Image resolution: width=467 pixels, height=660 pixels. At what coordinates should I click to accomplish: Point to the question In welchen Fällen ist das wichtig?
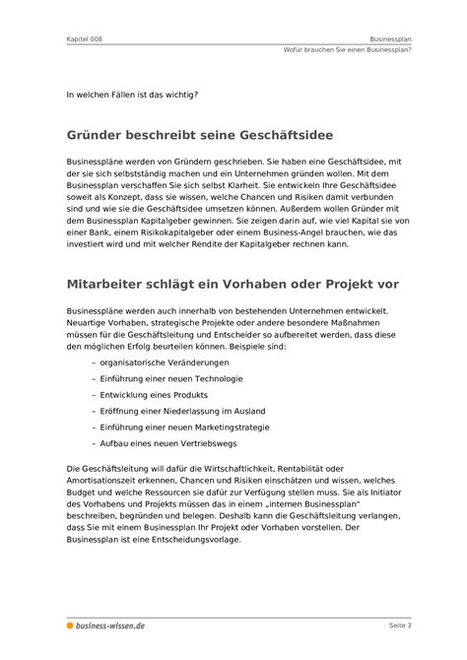click(131, 95)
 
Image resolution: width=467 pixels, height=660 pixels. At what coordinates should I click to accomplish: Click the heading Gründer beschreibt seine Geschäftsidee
click(198, 132)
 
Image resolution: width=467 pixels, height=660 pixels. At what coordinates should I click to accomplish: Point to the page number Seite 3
click(399, 626)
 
